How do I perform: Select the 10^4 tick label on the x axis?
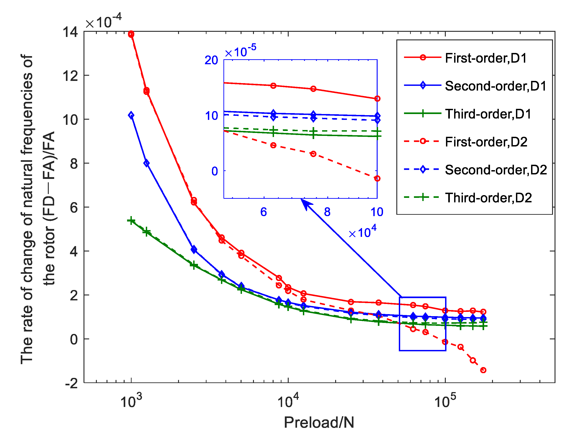[288, 401]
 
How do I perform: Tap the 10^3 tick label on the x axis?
[131, 401]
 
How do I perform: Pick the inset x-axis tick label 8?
[327, 212]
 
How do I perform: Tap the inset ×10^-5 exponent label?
[240, 51]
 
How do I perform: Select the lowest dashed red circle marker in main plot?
[483, 370]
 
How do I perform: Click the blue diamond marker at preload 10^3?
[131, 115]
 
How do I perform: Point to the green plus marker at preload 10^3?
[131, 221]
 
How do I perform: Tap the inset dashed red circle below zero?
[377, 178]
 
